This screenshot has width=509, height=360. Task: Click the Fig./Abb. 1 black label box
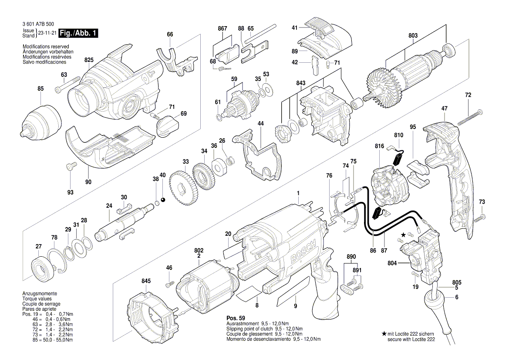[x=78, y=33]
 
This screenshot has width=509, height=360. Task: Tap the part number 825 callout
[x=89, y=60]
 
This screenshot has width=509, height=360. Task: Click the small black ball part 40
[x=163, y=200]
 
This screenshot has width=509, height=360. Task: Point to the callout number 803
[x=413, y=36]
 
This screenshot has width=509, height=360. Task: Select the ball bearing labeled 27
[x=43, y=267]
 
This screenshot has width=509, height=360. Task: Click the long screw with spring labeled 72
[x=469, y=115]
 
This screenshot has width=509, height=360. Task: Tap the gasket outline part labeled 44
[x=257, y=157]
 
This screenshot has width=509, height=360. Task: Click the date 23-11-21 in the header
[x=47, y=33]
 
